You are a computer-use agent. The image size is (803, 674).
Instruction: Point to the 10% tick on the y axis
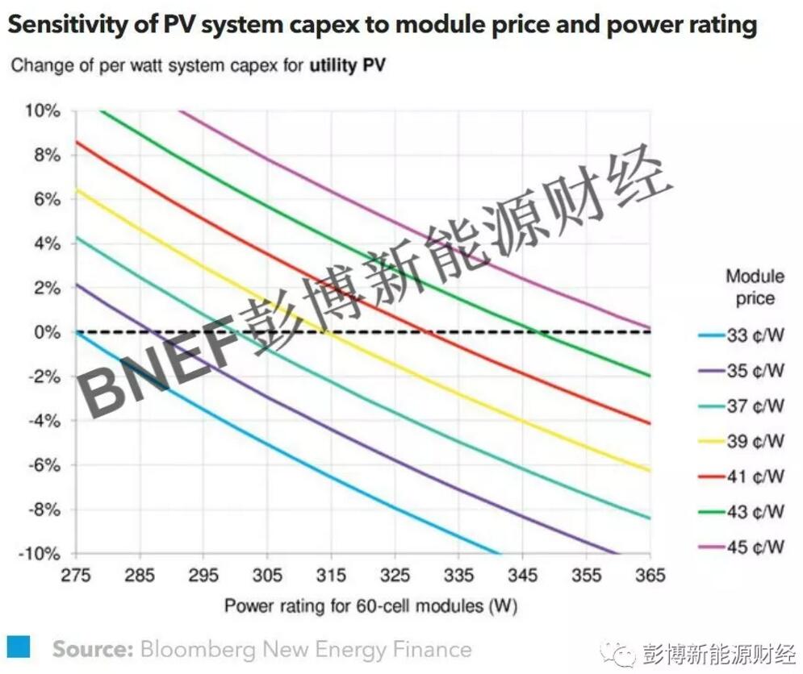click(x=45, y=110)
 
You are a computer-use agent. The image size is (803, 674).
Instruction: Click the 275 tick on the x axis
click(x=75, y=575)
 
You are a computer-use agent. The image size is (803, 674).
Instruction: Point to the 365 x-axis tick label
click(x=650, y=575)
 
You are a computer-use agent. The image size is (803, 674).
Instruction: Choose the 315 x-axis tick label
click(x=331, y=575)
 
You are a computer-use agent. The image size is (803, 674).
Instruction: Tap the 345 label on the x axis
click(x=522, y=575)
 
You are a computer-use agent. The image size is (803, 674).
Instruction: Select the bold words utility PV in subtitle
click(x=347, y=65)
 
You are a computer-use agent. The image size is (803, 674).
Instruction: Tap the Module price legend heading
click(x=755, y=287)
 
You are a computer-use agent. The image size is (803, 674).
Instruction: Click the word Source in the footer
click(x=92, y=649)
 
